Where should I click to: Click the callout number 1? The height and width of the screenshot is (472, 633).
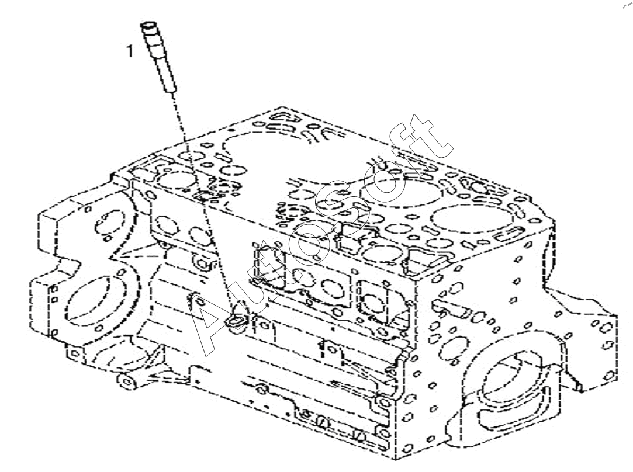coord(130,51)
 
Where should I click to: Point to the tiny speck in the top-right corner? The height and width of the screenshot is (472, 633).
coord(626,5)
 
